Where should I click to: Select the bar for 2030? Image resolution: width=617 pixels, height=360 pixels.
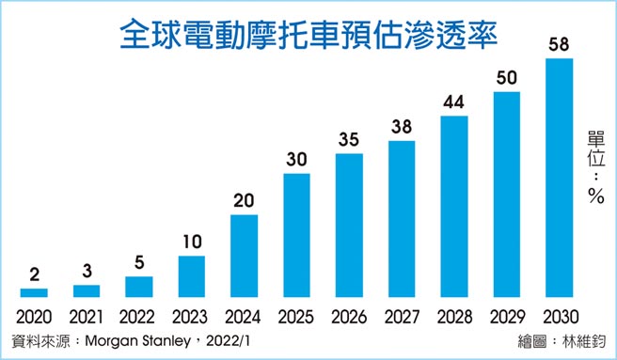[559, 178]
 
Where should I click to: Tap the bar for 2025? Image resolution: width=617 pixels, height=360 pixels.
[296, 235]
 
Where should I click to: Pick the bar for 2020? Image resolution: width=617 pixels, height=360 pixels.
[34, 292]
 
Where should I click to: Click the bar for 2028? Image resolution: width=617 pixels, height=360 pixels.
[454, 206]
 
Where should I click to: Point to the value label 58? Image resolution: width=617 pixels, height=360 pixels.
[559, 45]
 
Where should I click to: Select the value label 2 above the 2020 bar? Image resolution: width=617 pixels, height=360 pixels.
[34, 275]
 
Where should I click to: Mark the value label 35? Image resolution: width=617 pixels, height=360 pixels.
[349, 140]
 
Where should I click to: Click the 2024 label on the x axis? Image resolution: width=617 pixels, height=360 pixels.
[244, 316]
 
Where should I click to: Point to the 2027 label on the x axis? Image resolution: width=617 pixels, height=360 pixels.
[402, 316]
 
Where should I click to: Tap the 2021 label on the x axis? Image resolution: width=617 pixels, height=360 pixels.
[87, 316]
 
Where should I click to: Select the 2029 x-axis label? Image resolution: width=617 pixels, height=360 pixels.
[507, 316]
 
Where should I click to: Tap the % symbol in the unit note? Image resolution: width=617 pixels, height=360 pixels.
[594, 196]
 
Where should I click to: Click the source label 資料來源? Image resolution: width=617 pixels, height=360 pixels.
[39, 339]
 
